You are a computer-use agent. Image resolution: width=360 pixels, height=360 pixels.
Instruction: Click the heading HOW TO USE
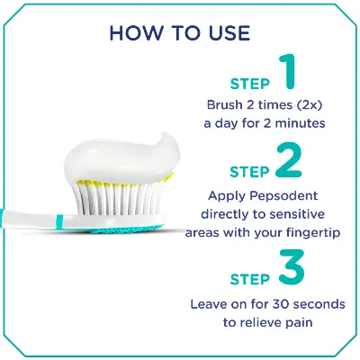[180, 33]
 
